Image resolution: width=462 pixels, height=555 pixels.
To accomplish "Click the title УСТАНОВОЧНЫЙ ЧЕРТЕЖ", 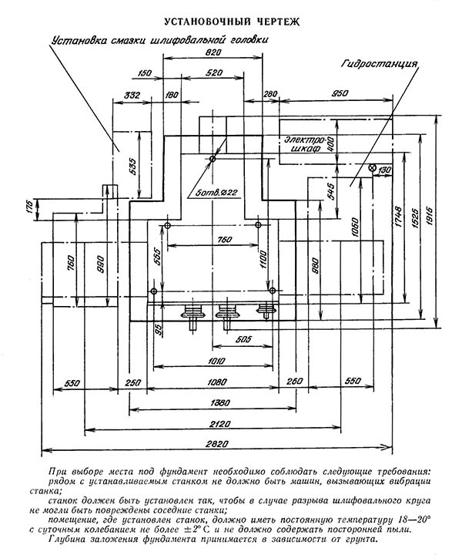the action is pos(232,22).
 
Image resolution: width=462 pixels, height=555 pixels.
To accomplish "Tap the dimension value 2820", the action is pos(216,443).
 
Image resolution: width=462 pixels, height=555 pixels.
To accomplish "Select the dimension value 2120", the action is pos(219,423).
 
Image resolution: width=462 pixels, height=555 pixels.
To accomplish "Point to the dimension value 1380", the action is pos(220,402).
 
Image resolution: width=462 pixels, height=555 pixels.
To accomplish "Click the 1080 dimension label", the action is pos(216,382).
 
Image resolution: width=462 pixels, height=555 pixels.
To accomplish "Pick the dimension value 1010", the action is pos(216,361).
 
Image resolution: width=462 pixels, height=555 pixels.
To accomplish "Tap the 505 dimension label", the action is pos(243,339).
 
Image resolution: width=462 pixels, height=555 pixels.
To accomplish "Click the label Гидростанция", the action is pos(380,64).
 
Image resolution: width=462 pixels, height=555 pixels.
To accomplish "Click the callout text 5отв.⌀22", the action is pos(216,193).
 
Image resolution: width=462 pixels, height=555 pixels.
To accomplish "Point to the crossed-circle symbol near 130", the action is pos(372,168).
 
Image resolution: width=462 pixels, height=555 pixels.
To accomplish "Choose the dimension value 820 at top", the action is pos(213,52).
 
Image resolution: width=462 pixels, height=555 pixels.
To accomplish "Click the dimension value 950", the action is pos(340,93).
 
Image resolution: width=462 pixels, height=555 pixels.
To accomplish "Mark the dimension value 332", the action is pos(132,96).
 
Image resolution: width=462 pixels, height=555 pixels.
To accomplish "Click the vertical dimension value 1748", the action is pos(397,217).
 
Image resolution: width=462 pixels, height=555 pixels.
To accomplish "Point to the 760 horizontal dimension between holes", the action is pos(225,240).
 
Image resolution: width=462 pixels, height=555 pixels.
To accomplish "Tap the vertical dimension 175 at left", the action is pos(29,207).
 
